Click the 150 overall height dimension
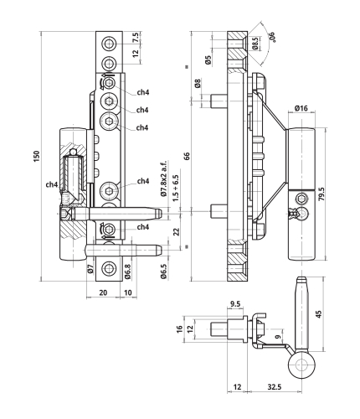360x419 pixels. pos(37,157)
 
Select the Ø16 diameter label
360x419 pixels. pos(301,108)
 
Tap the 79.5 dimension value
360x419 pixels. pos(321,194)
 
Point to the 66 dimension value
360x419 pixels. pos(187,156)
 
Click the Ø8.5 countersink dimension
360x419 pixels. pos(256,44)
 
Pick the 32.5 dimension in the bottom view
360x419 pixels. pos(275,387)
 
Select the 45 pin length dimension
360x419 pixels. pos(319,314)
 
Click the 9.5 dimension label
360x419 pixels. pos(235,304)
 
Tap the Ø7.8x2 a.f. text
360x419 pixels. pos(163,178)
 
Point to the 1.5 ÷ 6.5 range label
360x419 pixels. pos(176,189)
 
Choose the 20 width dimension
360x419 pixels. pos(103,292)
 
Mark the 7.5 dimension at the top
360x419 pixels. pos(136,38)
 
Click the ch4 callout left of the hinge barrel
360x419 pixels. pos(52,184)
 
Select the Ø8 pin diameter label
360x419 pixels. pos(198,84)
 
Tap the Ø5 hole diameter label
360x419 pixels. pos(208,60)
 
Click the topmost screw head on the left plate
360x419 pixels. pos(109,44)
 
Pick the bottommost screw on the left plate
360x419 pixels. pos(109,269)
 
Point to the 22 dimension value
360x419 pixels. pos(177,231)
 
